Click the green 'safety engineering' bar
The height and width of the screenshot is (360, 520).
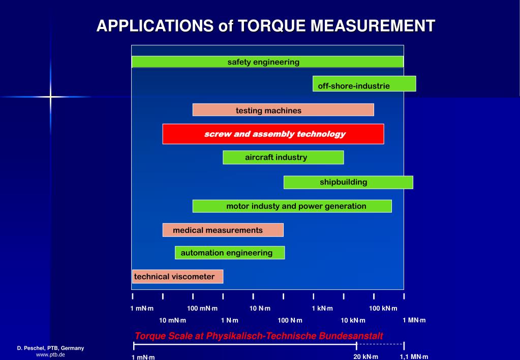point(267,62)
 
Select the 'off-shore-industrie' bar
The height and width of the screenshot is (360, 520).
point(364,84)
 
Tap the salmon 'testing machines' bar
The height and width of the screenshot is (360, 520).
point(283,110)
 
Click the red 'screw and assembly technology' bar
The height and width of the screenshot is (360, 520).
point(273,134)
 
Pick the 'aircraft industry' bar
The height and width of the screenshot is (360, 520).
point(283,158)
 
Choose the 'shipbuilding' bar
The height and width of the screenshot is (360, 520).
point(348,182)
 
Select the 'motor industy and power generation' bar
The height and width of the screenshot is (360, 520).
point(292,206)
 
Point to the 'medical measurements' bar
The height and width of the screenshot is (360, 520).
point(223,230)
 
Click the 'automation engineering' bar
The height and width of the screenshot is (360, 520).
point(230,253)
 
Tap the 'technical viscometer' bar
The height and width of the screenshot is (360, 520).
point(177,277)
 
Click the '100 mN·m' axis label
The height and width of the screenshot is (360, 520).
point(202,308)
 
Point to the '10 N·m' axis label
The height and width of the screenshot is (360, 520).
point(260,308)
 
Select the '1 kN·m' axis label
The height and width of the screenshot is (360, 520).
point(322,308)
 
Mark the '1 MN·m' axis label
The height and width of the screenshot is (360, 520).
point(414,320)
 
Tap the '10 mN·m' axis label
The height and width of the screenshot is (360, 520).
point(173,320)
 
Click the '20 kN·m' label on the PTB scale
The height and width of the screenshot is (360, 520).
point(366,356)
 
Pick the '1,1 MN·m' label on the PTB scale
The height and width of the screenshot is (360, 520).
point(414,356)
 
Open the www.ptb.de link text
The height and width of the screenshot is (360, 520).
point(50,354)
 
